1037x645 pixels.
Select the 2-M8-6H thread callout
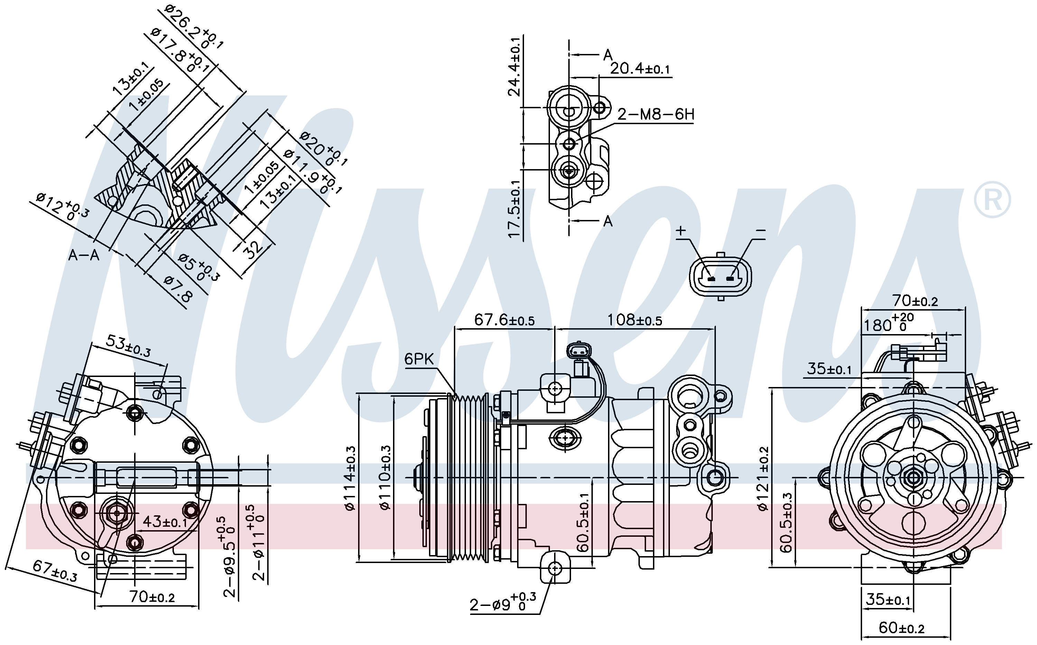click(x=656, y=114)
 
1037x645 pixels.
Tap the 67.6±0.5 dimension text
click(x=504, y=320)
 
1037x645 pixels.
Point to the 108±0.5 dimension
click(x=635, y=320)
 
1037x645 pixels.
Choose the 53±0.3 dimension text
click(x=128, y=345)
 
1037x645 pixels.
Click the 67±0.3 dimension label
click(x=55, y=571)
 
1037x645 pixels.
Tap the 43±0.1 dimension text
click(x=165, y=521)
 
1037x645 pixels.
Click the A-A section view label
click(x=84, y=255)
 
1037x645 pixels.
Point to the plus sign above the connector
click(x=681, y=231)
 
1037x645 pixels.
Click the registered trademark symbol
click(x=992, y=199)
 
